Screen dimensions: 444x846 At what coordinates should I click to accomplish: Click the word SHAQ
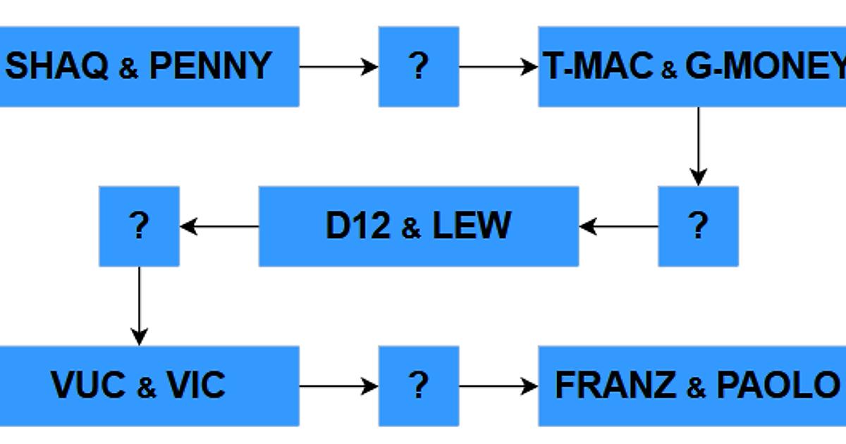click(57, 66)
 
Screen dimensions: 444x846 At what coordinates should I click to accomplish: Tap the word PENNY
click(210, 66)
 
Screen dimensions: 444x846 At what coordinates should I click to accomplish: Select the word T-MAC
click(599, 66)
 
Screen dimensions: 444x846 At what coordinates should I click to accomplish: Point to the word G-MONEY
click(765, 66)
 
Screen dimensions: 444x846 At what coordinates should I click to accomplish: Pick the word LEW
click(471, 226)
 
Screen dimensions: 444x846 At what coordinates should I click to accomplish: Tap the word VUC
click(88, 386)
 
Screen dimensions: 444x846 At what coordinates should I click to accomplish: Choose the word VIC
click(196, 386)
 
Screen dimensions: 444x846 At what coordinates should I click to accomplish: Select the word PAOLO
click(776, 386)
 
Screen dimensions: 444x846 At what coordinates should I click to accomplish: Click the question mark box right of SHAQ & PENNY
click(419, 66)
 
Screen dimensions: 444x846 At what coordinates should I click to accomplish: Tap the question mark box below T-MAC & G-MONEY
click(698, 226)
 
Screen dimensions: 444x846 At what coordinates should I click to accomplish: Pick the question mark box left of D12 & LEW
click(139, 226)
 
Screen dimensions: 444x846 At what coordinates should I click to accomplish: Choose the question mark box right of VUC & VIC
click(419, 386)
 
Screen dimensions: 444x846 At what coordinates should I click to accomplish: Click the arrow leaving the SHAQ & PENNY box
click(338, 67)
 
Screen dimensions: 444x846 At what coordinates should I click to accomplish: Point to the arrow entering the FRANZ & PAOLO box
click(498, 386)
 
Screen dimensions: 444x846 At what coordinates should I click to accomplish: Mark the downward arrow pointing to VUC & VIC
click(139, 306)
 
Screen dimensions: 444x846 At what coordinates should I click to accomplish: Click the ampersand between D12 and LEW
click(410, 228)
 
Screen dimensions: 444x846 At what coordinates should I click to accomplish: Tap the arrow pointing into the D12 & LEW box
click(618, 226)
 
